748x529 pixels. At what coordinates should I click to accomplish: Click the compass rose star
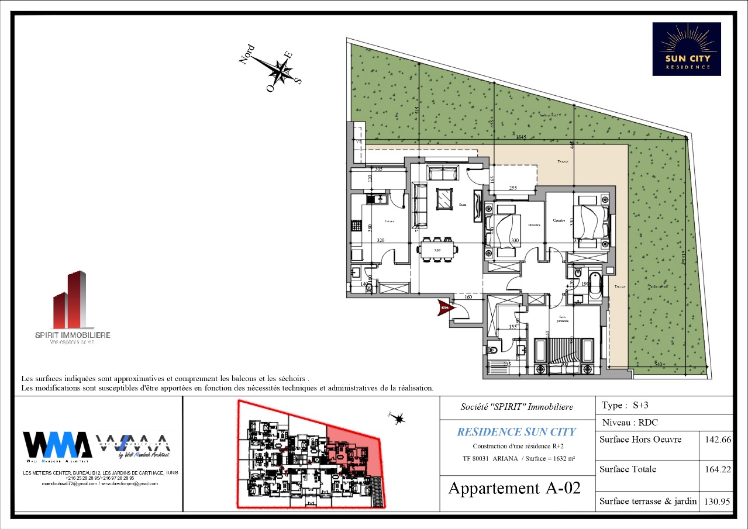[x=281, y=72]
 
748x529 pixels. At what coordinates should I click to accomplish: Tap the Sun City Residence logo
[x=687, y=49]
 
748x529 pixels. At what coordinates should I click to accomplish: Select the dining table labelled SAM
[x=437, y=250]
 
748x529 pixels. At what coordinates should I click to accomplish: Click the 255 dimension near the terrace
[x=513, y=188]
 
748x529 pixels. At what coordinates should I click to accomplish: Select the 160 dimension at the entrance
[x=468, y=297]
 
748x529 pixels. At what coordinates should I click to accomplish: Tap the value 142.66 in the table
[x=717, y=440]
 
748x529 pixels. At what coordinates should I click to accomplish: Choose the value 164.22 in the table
[x=717, y=469]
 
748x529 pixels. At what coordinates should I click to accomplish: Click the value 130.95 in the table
[x=717, y=501]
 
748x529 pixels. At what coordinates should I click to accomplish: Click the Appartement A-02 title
[x=515, y=488]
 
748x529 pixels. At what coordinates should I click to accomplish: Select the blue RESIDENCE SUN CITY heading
[x=516, y=432]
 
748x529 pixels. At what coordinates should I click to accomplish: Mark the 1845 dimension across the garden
[x=521, y=137]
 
